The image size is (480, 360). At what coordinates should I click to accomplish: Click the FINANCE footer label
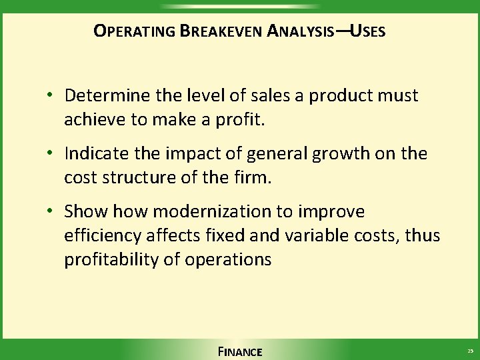[240, 351]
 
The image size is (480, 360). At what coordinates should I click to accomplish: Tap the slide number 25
[470, 351]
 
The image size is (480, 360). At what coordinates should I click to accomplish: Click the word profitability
[111, 259]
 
